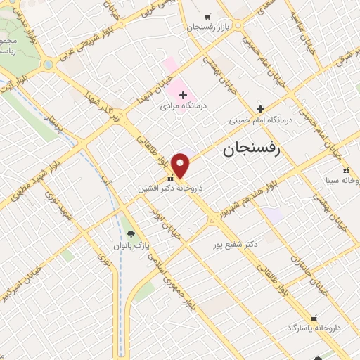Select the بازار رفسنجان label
pyautogui.click(x=208, y=26)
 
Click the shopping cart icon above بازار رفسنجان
pyautogui.click(x=207, y=15)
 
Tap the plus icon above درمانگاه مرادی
pyautogui.click(x=183, y=95)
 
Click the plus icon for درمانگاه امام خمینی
pyautogui.click(x=260, y=109)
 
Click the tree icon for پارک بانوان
pyautogui.click(x=131, y=234)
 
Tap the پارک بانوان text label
pyautogui.click(x=131, y=246)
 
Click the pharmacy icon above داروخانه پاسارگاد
pyautogui.click(x=314, y=318)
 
